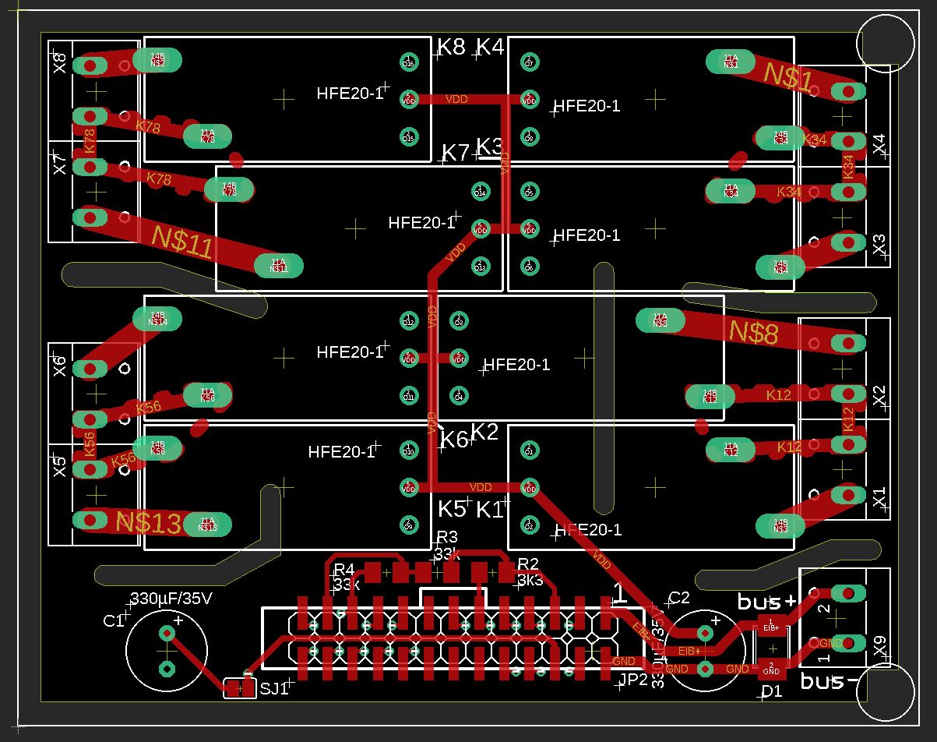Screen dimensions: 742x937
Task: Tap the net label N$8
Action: [753, 333]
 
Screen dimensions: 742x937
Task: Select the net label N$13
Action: [148, 523]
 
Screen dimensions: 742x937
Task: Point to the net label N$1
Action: [788, 76]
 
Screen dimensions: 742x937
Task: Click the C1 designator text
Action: [114, 620]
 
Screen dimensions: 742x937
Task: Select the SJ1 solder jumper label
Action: [274, 689]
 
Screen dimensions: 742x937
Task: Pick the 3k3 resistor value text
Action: [530, 580]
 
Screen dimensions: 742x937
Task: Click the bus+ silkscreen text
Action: [767, 602]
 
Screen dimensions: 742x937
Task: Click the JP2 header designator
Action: [632, 680]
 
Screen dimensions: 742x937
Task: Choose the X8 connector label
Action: [60, 63]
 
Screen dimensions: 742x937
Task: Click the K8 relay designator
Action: [451, 47]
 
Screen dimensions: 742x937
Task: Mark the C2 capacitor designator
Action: [679, 598]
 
